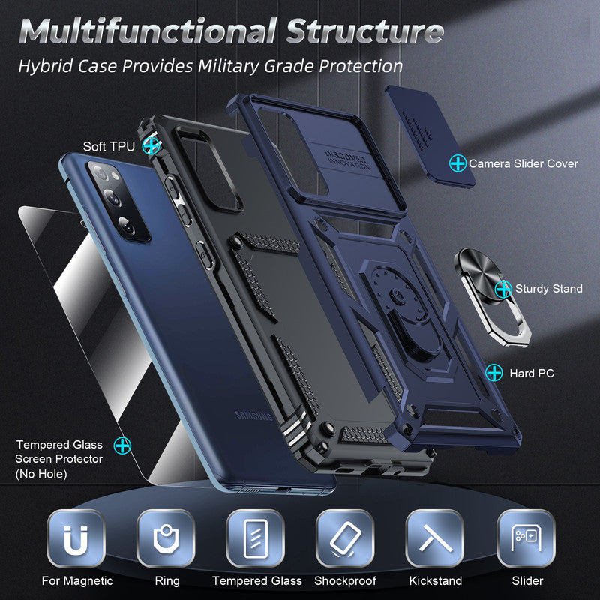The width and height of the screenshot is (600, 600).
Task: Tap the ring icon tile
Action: coord(166,538)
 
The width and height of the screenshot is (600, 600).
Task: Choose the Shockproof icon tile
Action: coord(345,538)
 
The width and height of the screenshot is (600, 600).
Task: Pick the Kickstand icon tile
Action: coord(435,538)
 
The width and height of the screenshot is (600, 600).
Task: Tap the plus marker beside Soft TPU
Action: coord(152,145)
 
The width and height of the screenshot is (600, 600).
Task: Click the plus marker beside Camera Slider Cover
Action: coord(457,162)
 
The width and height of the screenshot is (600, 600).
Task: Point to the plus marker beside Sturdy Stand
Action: coord(503,288)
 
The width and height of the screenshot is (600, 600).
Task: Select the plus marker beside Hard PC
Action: coord(494,371)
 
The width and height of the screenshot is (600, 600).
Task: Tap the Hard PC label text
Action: coord(532,372)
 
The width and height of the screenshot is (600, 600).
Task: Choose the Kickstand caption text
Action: coord(436,580)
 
